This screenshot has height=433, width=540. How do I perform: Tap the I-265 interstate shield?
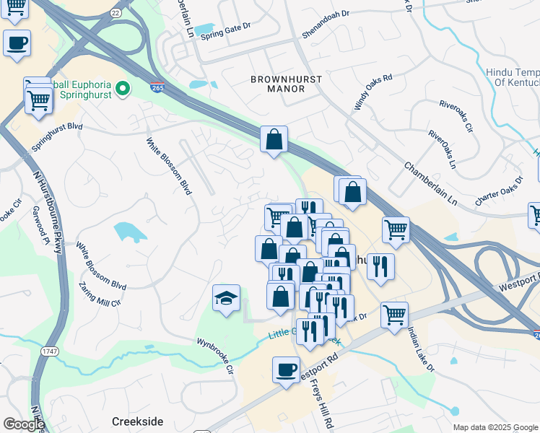pos(157,88)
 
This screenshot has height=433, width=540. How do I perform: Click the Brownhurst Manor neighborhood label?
pos(277,83)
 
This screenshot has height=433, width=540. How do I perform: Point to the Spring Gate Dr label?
pos(225,29)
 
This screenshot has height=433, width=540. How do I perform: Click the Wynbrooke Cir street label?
pos(217,354)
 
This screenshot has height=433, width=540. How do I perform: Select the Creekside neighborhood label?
pos(137,421)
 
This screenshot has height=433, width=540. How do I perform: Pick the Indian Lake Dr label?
pos(421,349)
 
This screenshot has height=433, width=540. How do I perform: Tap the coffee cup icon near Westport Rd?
pos(285,371)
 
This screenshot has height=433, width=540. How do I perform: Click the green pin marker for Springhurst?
pos(123,89)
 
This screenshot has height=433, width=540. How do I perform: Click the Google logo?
pos(23,424)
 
